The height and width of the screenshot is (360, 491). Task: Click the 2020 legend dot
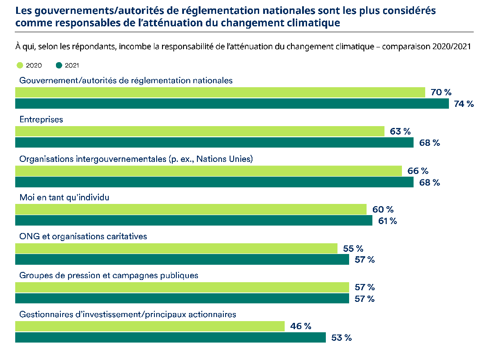click(x=20, y=65)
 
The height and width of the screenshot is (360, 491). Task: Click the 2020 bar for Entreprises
click(x=200, y=131)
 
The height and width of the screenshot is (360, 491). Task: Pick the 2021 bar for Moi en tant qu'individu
click(x=193, y=221)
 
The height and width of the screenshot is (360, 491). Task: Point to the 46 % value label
click(x=300, y=326)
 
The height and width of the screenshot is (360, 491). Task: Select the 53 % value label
click(x=341, y=338)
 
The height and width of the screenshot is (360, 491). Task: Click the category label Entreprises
click(x=41, y=120)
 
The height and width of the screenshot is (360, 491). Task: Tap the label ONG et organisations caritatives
click(x=83, y=237)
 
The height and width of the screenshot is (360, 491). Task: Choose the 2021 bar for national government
click(x=232, y=104)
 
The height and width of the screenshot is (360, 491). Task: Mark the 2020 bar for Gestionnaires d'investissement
click(x=150, y=326)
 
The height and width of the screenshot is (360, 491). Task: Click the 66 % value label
click(x=418, y=171)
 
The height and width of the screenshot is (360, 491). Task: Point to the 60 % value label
click(x=383, y=209)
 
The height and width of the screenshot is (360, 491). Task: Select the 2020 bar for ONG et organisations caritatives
click(x=176, y=248)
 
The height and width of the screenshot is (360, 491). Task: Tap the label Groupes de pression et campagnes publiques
click(x=109, y=275)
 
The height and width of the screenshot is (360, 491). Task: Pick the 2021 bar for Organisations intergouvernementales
click(x=214, y=182)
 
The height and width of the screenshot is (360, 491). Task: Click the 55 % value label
click(x=353, y=248)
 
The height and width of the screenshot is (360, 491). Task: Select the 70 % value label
click(x=441, y=93)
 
